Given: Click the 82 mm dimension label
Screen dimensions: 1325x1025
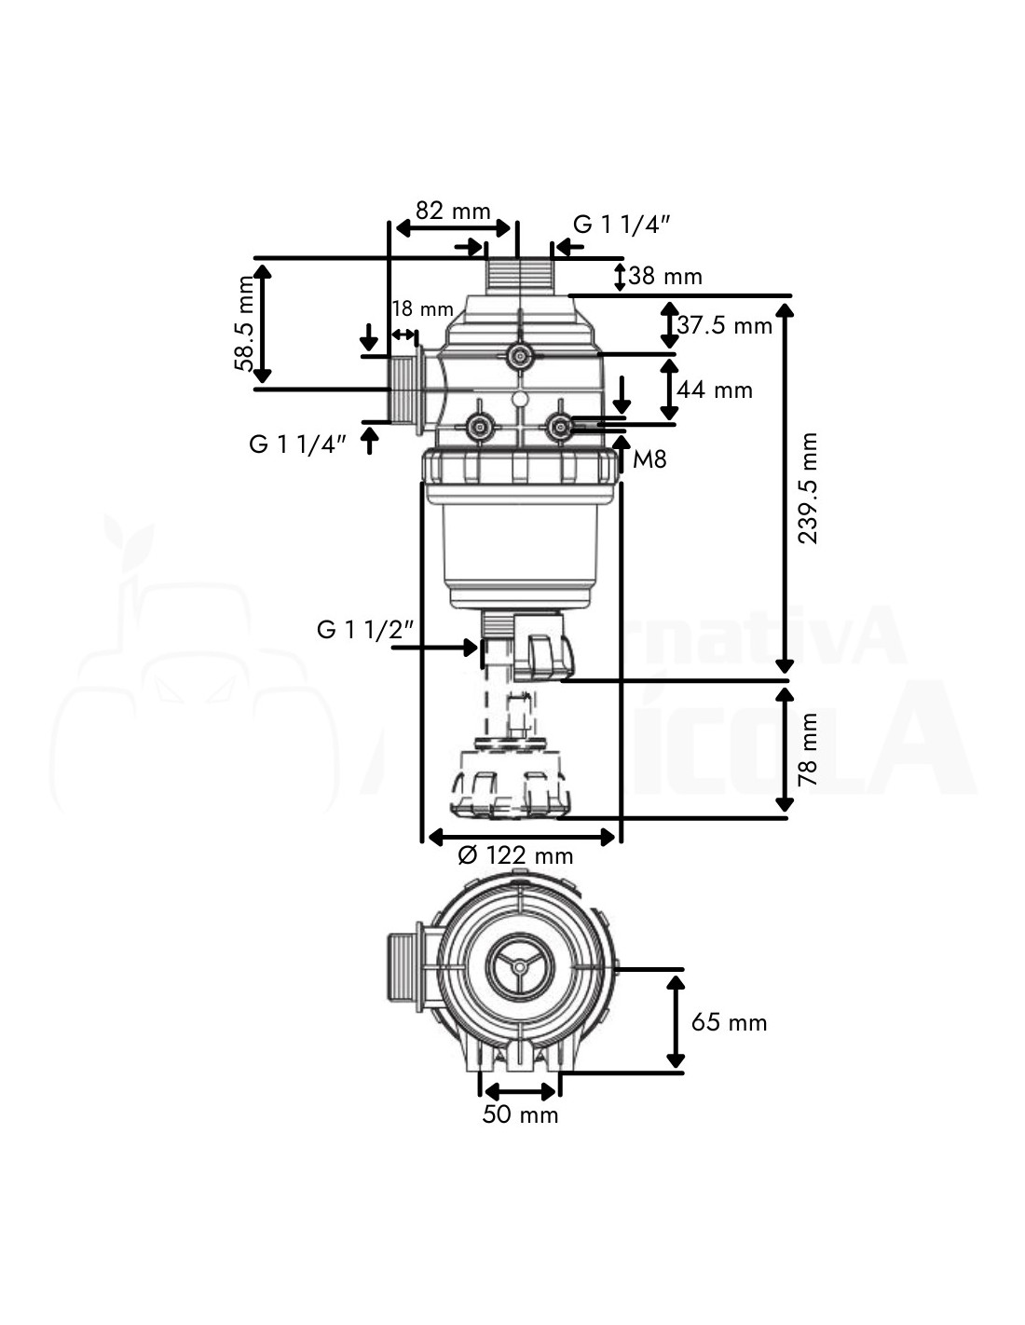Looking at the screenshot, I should click(x=453, y=211).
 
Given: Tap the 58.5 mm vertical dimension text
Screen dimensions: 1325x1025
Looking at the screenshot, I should click(x=244, y=323).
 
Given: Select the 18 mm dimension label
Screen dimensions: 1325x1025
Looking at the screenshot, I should click(x=422, y=309).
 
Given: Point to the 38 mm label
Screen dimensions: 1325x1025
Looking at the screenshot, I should click(x=665, y=276).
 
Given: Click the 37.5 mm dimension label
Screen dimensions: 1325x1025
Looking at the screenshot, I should click(x=725, y=325).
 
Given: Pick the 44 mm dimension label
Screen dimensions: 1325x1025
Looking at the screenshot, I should click(x=715, y=389).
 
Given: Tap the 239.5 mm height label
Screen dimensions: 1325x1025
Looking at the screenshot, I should click(x=808, y=487).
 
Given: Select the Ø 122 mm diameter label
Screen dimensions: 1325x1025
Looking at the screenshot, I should click(x=515, y=854).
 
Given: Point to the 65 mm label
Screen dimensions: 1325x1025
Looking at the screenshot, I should click(x=729, y=1022).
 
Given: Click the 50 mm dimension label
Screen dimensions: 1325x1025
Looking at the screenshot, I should click(x=520, y=1114).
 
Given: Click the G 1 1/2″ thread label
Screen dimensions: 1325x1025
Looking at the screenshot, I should click(x=364, y=630).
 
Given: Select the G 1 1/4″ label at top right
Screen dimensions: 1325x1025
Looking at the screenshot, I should click(x=622, y=224).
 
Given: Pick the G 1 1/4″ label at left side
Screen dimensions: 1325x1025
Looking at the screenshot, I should click(x=297, y=444).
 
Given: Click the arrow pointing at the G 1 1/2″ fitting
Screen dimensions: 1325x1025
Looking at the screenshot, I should click(x=434, y=646).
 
